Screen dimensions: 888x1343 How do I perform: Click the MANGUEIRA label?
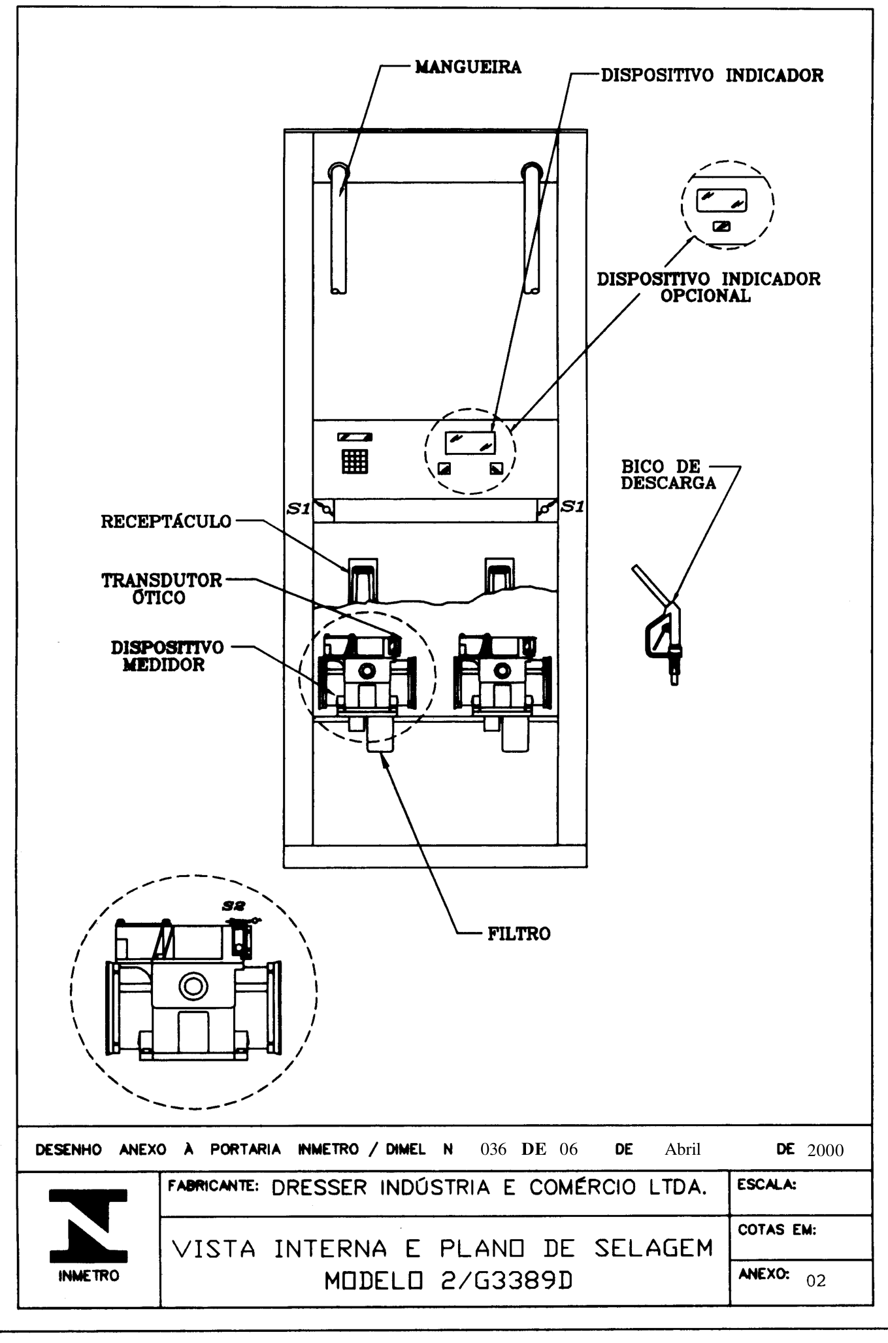(469, 67)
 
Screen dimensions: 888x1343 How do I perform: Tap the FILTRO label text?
(519, 934)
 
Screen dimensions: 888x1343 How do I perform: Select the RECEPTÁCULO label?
(166, 522)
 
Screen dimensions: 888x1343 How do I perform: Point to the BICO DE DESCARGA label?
(668, 475)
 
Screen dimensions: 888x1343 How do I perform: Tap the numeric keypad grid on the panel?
(355, 461)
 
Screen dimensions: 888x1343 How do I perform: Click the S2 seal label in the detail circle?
(233, 906)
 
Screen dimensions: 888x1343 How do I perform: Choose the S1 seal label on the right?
(572, 506)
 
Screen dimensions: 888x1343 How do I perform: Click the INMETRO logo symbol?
(89, 1225)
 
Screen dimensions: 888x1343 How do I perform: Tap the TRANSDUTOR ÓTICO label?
(161, 589)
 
